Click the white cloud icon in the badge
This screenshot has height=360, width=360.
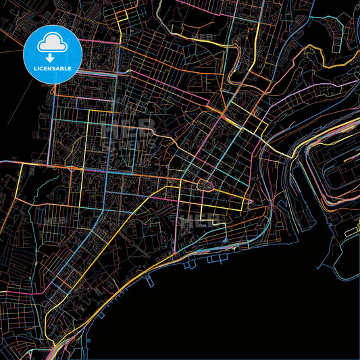click(x=53, y=41)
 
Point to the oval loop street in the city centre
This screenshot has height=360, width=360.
click(x=204, y=184)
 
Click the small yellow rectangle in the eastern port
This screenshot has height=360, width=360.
click(x=351, y=232)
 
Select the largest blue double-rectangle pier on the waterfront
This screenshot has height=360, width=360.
click(x=215, y=257)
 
